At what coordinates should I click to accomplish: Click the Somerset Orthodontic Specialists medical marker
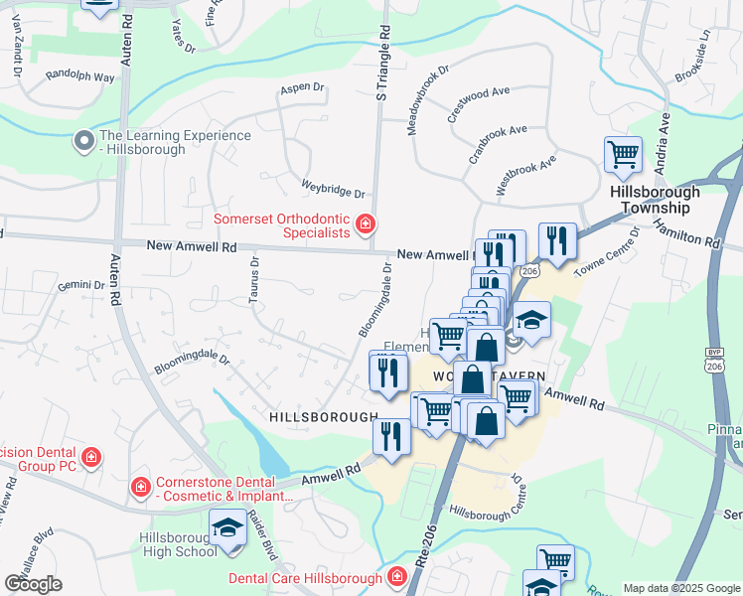coord(366,223)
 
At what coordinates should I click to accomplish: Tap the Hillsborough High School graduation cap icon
coord(227,526)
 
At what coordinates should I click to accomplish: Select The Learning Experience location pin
coord(82,142)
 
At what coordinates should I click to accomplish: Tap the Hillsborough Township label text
coord(654,200)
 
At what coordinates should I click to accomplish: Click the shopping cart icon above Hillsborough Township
coord(623,155)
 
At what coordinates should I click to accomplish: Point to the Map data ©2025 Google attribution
coord(680,588)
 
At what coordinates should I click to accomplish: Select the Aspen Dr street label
coord(303,87)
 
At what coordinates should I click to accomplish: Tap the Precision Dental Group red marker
coord(90,456)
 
